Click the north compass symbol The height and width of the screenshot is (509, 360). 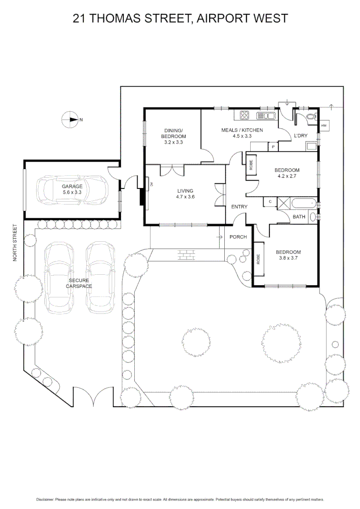(x=70, y=120)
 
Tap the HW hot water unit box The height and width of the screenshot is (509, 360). (x=324, y=126)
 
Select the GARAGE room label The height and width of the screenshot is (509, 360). (x=72, y=187)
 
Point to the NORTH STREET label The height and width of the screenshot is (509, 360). (x=15, y=243)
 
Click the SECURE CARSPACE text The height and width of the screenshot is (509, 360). (x=79, y=283)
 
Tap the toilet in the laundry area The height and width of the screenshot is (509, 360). (x=311, y=116)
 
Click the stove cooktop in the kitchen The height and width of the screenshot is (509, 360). (x=244, y=115)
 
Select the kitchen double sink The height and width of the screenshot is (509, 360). (x=266, y=115)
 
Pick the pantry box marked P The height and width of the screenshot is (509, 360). (x=273, y=147)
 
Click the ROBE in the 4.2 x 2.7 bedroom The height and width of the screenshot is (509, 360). (x=251, y=165)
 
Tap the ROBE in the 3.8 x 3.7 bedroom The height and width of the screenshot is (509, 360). (x=258, y=259)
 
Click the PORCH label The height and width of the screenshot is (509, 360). (x=238, y=237)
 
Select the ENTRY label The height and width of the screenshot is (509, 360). (x=239, y=207)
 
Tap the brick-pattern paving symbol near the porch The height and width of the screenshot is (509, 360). (x=186, y=255)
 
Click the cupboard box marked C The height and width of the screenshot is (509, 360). (x=270, y=202)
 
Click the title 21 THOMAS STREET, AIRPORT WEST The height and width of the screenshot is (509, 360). (x=180, y=18)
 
